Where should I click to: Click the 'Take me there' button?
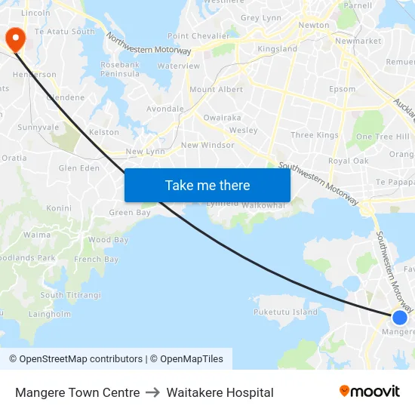coord(207,186)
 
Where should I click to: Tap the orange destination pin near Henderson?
coord(14,38)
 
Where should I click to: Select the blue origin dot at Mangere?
coord(400,318)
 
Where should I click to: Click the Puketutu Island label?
coord(285,312)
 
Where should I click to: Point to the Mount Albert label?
coord(216,90)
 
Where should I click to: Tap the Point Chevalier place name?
coord(198,36)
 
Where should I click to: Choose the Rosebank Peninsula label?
coord(120,69)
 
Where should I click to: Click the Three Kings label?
coord(315,136)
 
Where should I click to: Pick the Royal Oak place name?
coord(348,161)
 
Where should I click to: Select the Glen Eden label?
coord(78,168)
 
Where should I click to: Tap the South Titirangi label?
coord(70,295)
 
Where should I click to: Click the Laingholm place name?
coord(50,314)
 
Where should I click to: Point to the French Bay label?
coord(96,260)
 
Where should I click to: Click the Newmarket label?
coord(358,41)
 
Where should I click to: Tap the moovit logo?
coord(370,391)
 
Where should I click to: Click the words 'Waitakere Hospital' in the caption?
coord(220,392)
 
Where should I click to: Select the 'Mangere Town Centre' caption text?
coord(77,392)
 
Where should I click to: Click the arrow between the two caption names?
coord(152,392)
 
